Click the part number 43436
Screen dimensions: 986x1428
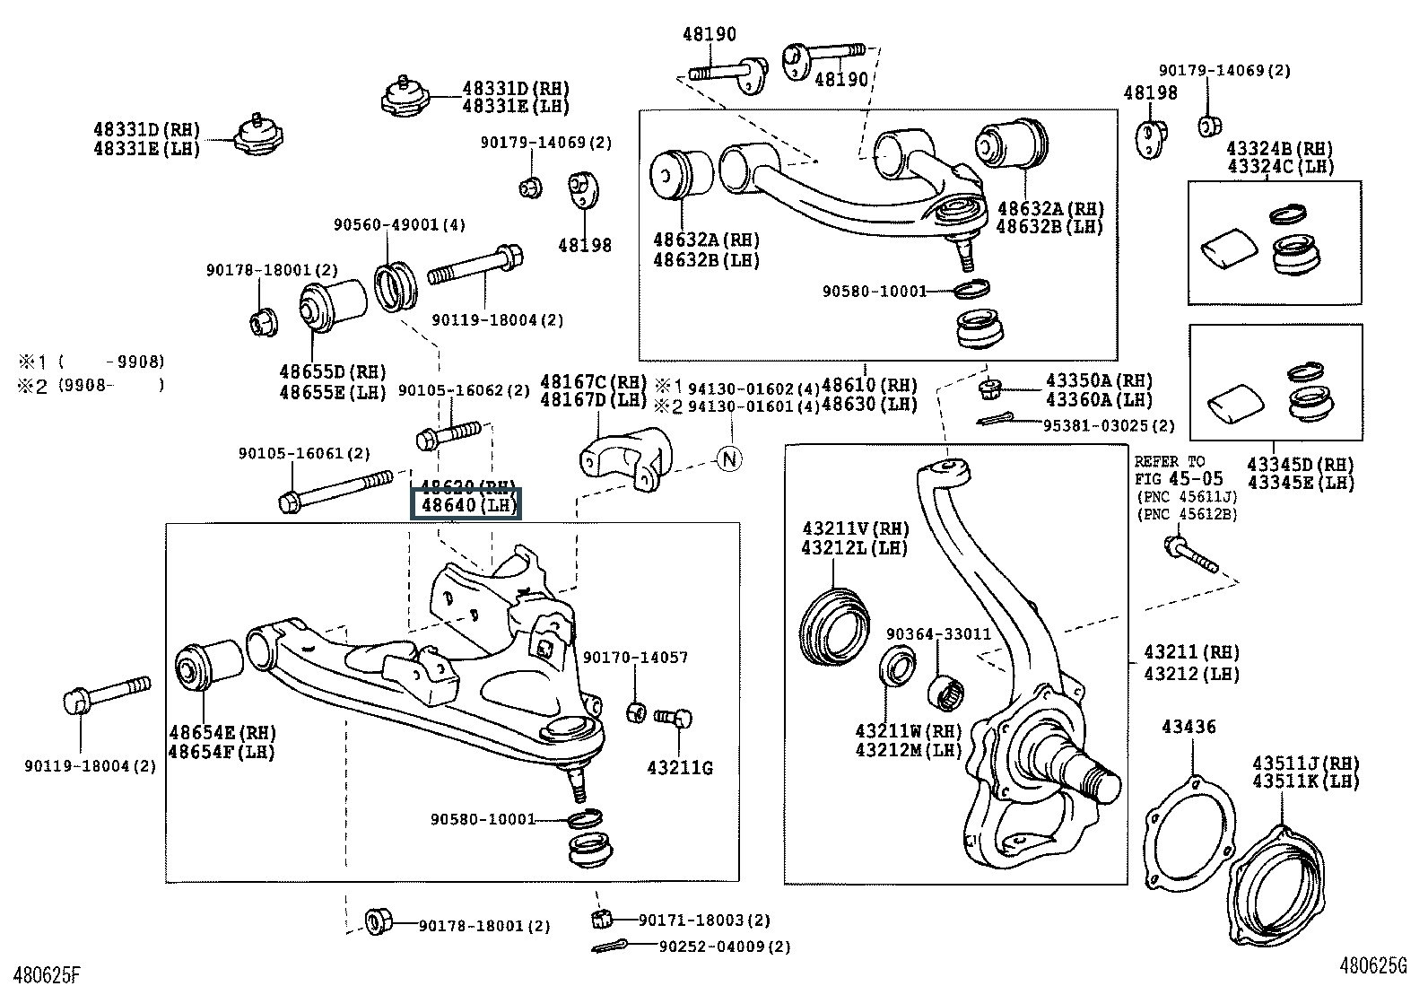1189,727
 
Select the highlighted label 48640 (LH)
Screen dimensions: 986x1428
466,505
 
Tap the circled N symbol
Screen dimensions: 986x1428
730,458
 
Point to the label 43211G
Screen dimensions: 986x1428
680,768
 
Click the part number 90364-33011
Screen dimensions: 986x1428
938,634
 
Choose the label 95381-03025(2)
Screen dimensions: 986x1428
1109,425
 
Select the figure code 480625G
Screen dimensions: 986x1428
1373,966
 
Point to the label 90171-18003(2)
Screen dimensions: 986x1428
704,921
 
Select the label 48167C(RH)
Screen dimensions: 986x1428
593,381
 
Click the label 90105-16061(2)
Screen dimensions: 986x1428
304,454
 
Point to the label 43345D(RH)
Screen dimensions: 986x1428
1301,465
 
